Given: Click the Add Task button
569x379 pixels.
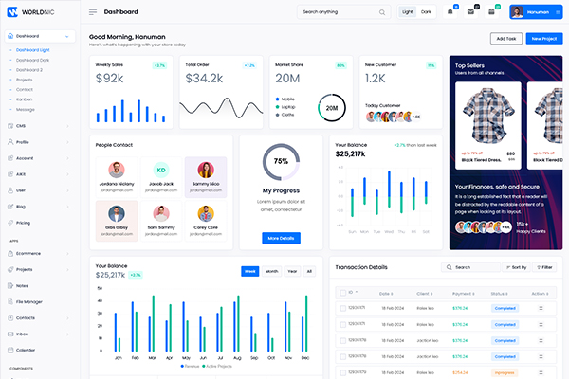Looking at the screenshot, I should point(505,39).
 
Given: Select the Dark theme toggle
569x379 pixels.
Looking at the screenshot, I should point(426,12).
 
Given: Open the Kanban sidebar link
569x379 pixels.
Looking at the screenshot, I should point(25,99).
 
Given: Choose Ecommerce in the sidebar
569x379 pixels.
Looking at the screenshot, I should point(29,253).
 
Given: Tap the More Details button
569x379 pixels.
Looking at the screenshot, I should point(281,237).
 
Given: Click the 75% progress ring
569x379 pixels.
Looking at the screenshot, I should point(281,161).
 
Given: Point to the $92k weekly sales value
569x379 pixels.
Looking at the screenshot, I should point(110,78).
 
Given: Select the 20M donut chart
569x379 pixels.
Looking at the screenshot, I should point(332,108).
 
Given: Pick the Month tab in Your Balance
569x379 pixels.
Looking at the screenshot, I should point(271,271).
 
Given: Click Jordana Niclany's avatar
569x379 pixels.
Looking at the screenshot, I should point(114,169).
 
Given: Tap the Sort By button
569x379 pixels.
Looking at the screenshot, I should point(516,267).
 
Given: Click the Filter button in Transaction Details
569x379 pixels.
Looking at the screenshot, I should point(544,267).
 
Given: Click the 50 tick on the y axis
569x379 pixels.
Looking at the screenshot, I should point(101,288).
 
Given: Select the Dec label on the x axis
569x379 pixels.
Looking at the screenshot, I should point(305,358).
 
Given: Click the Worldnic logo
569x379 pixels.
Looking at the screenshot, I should point(37,12).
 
